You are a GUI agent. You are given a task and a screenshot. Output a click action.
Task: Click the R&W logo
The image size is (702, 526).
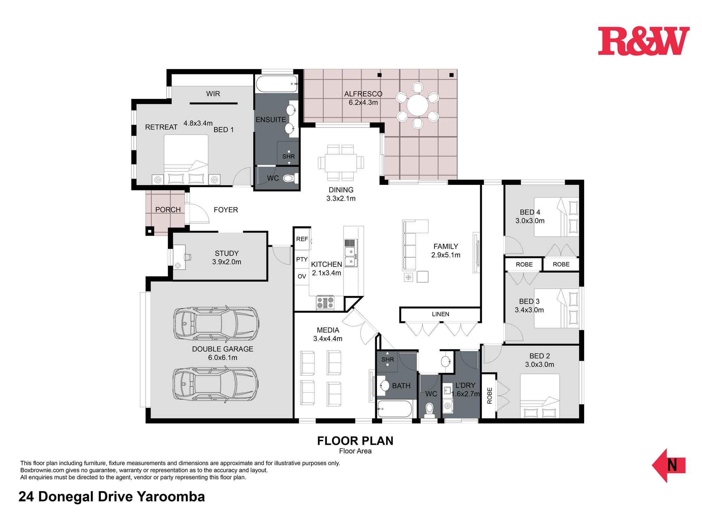644,41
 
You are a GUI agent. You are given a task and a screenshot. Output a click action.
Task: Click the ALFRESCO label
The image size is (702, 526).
363,94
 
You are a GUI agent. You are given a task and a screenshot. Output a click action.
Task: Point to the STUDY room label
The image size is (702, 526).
227,253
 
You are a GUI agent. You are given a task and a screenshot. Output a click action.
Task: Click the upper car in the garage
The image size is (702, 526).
217,323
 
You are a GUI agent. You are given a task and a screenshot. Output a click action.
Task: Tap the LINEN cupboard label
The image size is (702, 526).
441,314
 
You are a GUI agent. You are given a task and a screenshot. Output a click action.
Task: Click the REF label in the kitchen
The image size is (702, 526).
302,239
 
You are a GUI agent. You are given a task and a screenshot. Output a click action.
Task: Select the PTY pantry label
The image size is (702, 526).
302,259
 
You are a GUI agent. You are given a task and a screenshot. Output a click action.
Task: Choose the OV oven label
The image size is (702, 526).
302,276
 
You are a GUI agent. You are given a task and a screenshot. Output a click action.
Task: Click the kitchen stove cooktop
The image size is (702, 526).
325,303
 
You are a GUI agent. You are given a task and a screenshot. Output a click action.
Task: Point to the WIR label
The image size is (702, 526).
213,94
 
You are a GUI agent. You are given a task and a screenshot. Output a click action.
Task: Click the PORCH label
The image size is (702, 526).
168,210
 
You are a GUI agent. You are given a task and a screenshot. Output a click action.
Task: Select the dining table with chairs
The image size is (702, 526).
341,163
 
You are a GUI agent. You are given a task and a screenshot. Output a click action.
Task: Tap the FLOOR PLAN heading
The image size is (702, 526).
355,441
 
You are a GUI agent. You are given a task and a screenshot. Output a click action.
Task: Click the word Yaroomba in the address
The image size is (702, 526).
171,497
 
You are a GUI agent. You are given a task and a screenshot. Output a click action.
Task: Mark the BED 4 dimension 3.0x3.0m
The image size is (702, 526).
530,221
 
